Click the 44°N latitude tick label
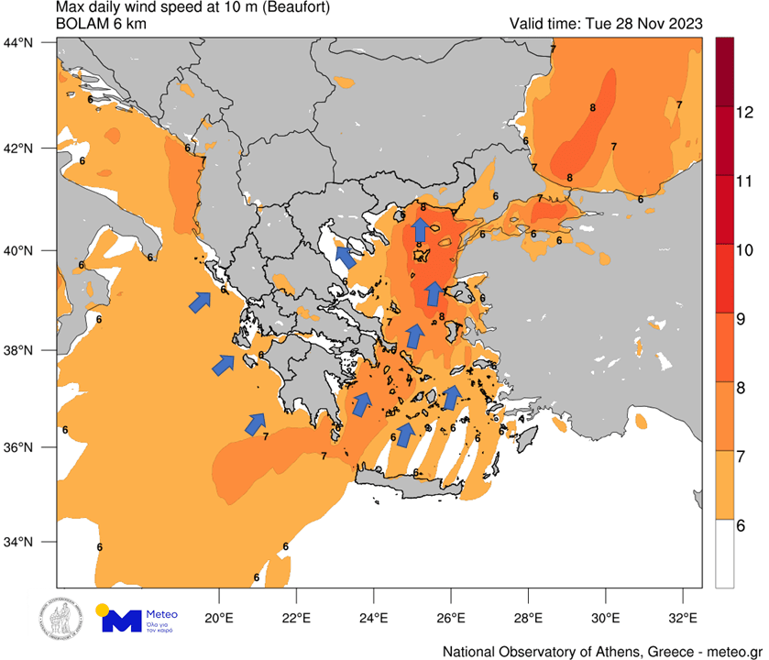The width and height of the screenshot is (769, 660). click(19, 42)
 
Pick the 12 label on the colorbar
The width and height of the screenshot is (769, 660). click(745, 114)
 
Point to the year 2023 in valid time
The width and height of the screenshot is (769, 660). click(682, 24)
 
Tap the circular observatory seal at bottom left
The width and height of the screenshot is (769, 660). click(58, 621)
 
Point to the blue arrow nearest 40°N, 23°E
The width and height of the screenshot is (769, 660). click(346, 258)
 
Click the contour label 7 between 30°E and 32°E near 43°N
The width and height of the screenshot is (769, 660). click(679, 104)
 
